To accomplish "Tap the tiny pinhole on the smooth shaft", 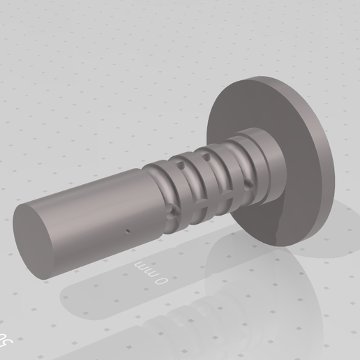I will coord(128,230).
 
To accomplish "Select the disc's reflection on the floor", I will coord(307,279).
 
